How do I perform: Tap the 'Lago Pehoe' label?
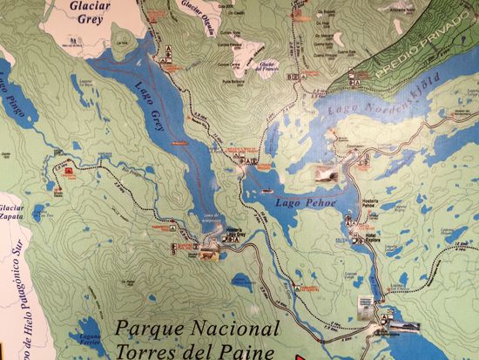[300, 203]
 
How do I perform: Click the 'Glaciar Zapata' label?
[11, 214]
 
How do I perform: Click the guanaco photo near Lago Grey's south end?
[208, 255]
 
